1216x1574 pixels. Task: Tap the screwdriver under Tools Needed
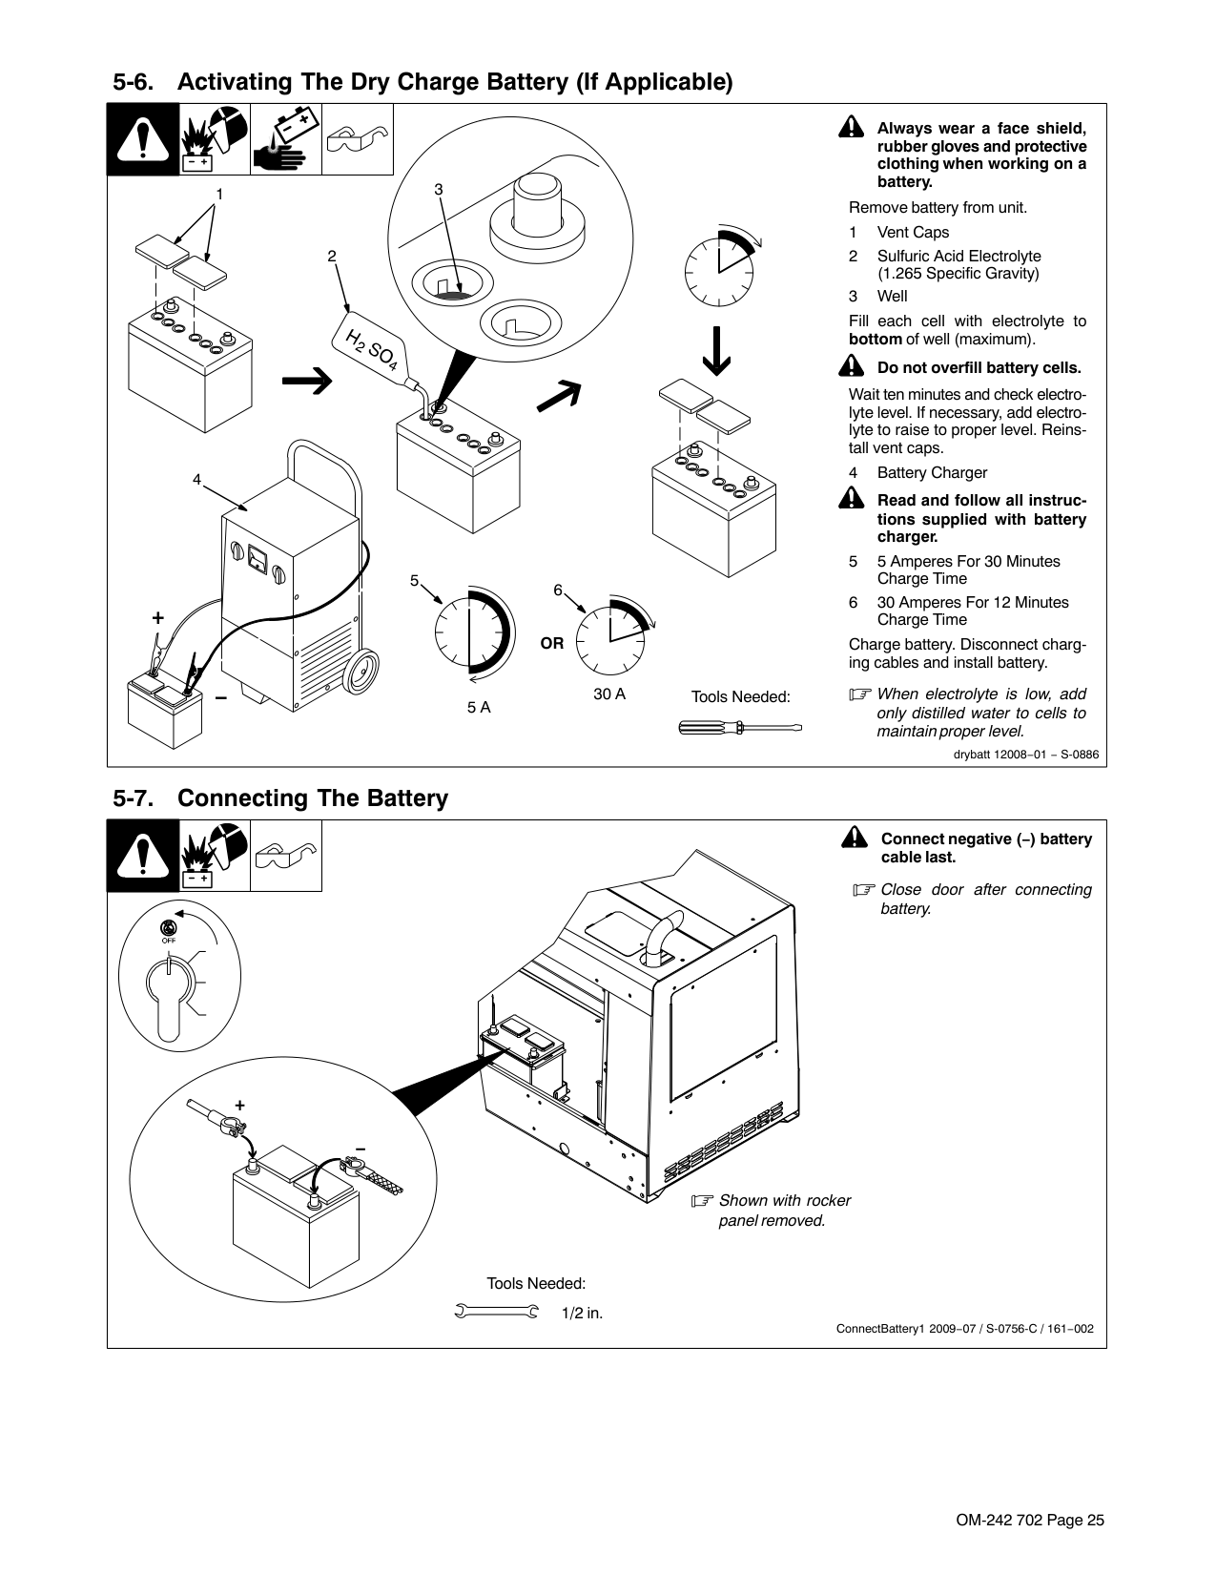click(740, 729)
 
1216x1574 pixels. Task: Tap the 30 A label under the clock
click(609, 694)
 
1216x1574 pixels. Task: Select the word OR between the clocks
click(552, 643)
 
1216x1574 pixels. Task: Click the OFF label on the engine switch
click(168, 940)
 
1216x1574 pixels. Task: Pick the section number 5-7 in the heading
click(134, 797)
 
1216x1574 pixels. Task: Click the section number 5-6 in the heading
click(134, 82)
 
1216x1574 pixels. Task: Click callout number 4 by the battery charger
click(197, 479)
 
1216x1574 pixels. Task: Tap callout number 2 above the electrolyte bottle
click(332, 256)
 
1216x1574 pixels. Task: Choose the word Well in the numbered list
click(892, 296)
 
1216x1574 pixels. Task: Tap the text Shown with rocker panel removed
click(784, 1210)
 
